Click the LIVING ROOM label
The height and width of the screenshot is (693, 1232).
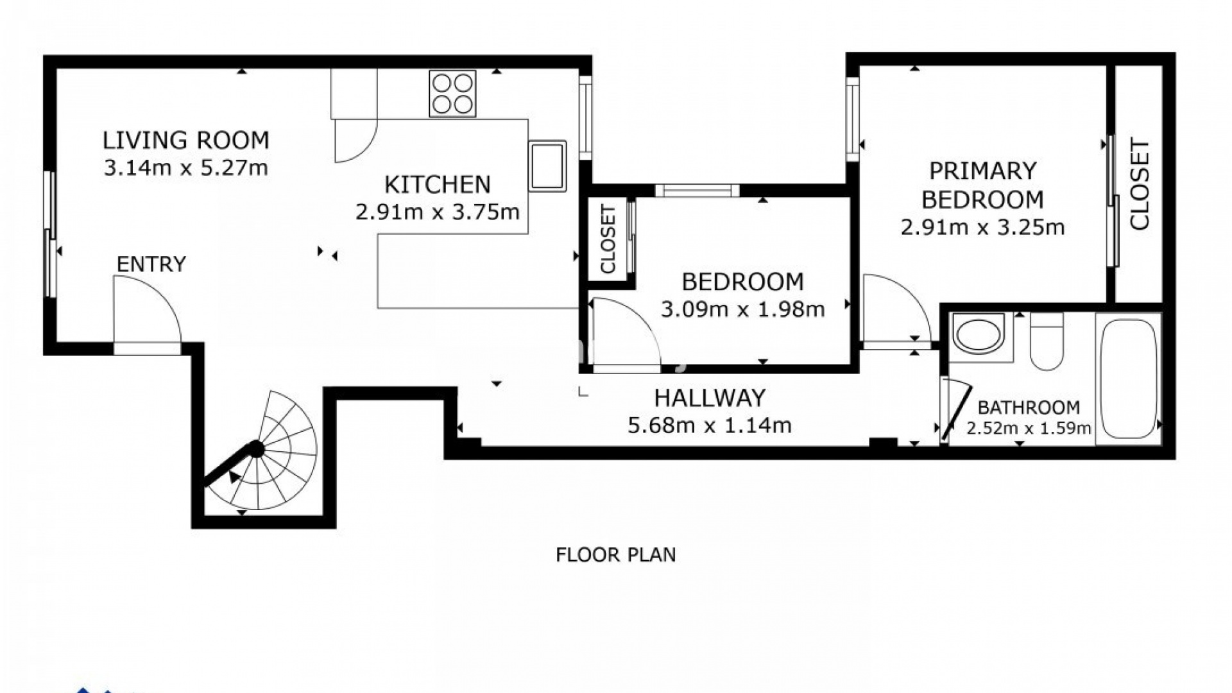(186, 140)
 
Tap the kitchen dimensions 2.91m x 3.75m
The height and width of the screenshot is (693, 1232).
(438, 212)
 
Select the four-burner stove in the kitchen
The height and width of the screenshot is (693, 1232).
(452, 94)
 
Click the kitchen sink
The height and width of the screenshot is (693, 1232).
(547, 166)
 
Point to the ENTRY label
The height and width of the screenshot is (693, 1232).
(151, 264)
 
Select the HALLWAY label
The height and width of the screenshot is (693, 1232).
(710, 398)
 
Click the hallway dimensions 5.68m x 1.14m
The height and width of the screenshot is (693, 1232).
(710, 425)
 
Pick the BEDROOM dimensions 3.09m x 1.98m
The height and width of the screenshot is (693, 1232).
(743, 310)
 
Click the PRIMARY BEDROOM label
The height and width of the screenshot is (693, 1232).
(982, 185)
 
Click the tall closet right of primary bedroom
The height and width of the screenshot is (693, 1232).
(1139, 184)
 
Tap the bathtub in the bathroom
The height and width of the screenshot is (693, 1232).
(1129, 379)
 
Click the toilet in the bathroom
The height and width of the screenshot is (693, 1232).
(1047, 341)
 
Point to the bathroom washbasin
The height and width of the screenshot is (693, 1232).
(979, 333)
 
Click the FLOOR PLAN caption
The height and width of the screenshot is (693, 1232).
(616, 554)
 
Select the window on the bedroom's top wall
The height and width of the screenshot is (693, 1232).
(697, 191)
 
